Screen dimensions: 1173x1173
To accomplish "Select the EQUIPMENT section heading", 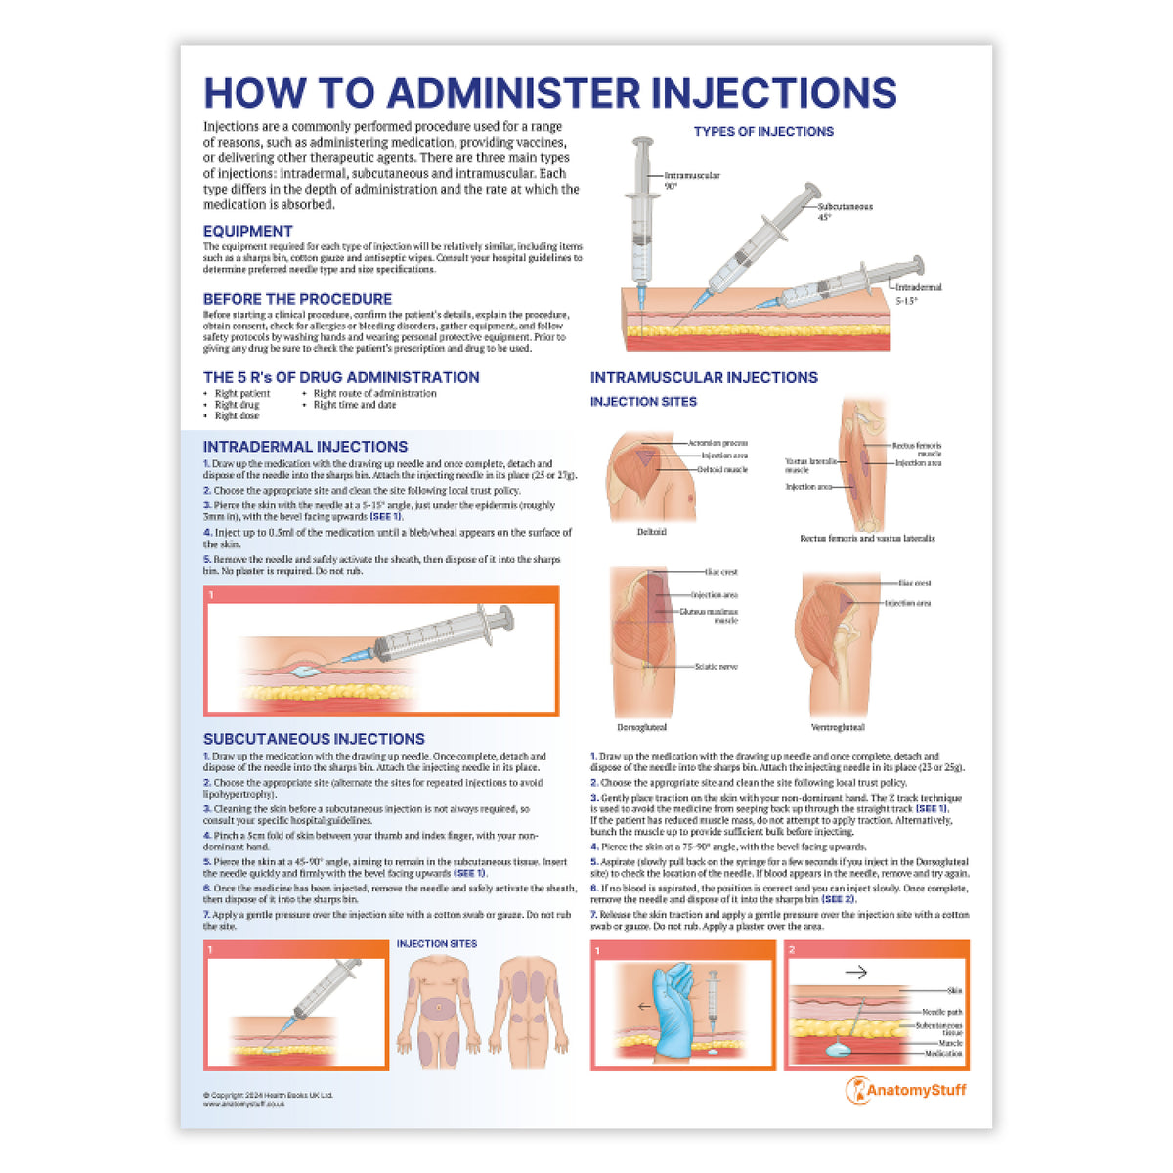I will (x=247, y=232).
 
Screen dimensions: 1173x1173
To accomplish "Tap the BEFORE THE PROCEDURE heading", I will (x=297, y=299).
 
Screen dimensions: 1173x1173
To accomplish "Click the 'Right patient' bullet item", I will (x=241, y=394).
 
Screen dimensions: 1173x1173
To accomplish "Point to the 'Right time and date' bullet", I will (x=354, y=405).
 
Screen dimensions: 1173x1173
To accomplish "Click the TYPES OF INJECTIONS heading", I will (x=763, y=131).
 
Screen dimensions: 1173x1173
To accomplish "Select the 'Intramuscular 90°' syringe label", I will (x=692, y=180).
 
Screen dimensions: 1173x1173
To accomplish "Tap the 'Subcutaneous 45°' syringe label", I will (x=845, y=212).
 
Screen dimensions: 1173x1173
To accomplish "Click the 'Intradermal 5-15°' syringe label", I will (x=919, y=293).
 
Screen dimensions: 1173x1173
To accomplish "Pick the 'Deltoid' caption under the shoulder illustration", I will (x=651, y=532).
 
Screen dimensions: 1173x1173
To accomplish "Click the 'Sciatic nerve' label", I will (x=716, y=667).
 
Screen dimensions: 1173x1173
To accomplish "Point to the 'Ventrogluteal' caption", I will (x=838, y=727).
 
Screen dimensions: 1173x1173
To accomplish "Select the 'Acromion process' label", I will (x=717, y=444).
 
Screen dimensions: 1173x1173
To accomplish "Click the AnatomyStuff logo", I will (x=906, y=1090).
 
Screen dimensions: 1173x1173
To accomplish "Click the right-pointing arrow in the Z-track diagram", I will (x=855, y=972).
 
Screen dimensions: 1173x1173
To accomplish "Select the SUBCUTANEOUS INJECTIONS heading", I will (x=314, y=739).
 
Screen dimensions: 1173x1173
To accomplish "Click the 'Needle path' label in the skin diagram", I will (x=941, y=1012).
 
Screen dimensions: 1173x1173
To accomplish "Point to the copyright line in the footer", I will (x=268, y=1095).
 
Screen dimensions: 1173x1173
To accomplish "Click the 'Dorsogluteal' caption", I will (x=641, y=727).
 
